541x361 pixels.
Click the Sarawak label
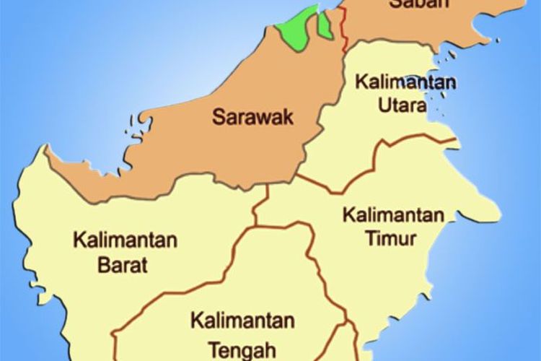[x=253, y=117]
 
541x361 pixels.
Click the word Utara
[x=402, y=105]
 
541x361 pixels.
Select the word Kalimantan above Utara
[x=405, y=82]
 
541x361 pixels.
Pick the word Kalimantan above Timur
[x=392, y=215]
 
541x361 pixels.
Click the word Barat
[x=119, y=264]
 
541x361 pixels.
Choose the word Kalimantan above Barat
[x=125, y=240]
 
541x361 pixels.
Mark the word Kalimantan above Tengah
[x=242, y=321]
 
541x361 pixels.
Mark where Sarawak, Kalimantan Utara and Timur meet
[x=298, y=174]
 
